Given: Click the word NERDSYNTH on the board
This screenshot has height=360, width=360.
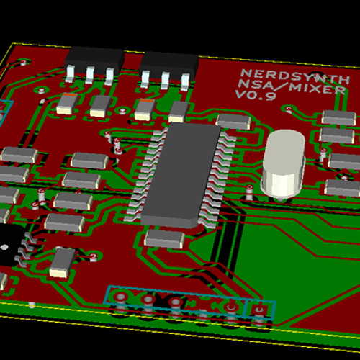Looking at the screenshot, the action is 295,76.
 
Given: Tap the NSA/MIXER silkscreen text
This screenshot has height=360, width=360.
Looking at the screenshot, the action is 292,87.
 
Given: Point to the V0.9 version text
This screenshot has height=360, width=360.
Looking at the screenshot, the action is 256,95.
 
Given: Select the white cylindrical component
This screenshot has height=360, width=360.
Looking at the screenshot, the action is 283,164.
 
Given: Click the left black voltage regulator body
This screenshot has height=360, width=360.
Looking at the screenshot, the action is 94,58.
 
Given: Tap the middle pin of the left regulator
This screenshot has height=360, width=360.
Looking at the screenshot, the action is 89,75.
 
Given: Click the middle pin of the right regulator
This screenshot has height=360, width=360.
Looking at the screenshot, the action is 165,81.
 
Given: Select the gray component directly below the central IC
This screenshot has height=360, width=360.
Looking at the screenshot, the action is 165,239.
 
